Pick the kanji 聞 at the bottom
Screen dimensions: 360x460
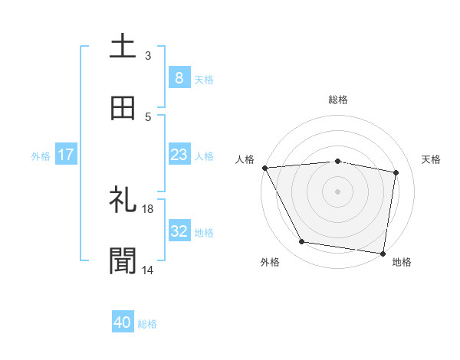click(123, 261)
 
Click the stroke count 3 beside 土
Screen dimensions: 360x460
click(148, 55)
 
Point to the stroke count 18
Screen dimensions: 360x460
click(148, 208)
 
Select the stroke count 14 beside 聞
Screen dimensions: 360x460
click(148, 270)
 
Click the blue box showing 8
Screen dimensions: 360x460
click(179, 78)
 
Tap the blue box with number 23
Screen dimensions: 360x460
click(179, 155)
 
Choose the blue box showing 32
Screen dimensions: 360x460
click(179, 231)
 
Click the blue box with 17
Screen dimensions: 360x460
click(66, 155)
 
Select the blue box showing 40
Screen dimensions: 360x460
click(123, 323)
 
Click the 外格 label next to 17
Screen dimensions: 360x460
click(41, 155)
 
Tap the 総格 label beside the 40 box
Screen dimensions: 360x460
click(147, 324)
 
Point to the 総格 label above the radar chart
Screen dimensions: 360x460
click(338, 100)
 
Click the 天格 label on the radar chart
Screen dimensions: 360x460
click(432, 159)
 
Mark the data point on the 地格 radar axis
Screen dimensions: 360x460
click(383, 253)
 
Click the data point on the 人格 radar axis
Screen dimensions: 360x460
click(264, 168)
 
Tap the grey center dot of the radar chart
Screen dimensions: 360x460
click(338, 191)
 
